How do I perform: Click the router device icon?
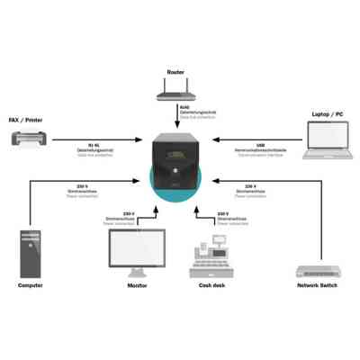[175, 90]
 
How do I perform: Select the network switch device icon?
[319, 271]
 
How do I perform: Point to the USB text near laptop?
[260, 142]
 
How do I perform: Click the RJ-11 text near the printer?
[93, 142]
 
